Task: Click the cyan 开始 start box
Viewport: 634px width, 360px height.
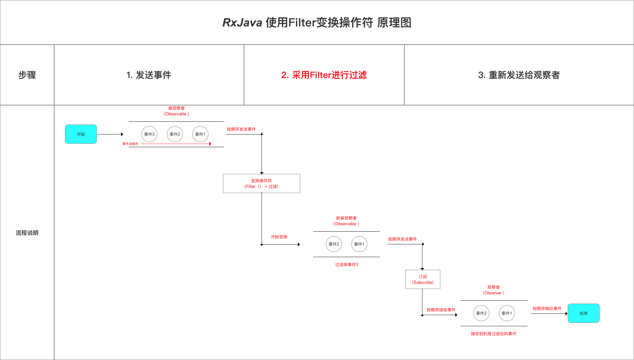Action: pos(81,134)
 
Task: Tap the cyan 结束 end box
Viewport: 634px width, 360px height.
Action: pos(583,313)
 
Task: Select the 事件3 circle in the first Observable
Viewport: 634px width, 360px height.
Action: pos(149,134)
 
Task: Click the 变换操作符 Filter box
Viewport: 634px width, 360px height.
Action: pos(261,184)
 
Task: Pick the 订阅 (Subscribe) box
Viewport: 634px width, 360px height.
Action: pos(422,279)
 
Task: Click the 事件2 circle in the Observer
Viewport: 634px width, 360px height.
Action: pos(481,313)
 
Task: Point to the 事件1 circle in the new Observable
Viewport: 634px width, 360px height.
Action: pos(359,244)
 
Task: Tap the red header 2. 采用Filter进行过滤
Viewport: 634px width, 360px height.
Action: pos(324,75)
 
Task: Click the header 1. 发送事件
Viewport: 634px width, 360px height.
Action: pos(149,75)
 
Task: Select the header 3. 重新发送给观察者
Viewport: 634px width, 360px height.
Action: pos(519,75)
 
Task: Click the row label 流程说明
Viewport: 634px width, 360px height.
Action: pos(27,233)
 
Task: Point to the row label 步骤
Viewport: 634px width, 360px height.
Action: pos(27,75)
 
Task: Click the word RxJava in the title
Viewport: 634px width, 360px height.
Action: pos(242,23)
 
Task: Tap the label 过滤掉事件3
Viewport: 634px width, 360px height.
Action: pos(347,264)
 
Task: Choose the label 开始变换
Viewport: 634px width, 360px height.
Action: pos(279,237)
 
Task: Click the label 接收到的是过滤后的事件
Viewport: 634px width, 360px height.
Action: pos(494,334)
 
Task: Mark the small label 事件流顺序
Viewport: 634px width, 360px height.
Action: pos(130,144)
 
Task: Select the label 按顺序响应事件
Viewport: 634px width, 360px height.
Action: pos(547,308)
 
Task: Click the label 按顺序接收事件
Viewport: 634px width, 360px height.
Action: pos(441,310)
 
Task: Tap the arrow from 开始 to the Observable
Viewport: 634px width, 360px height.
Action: pos(110,134)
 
